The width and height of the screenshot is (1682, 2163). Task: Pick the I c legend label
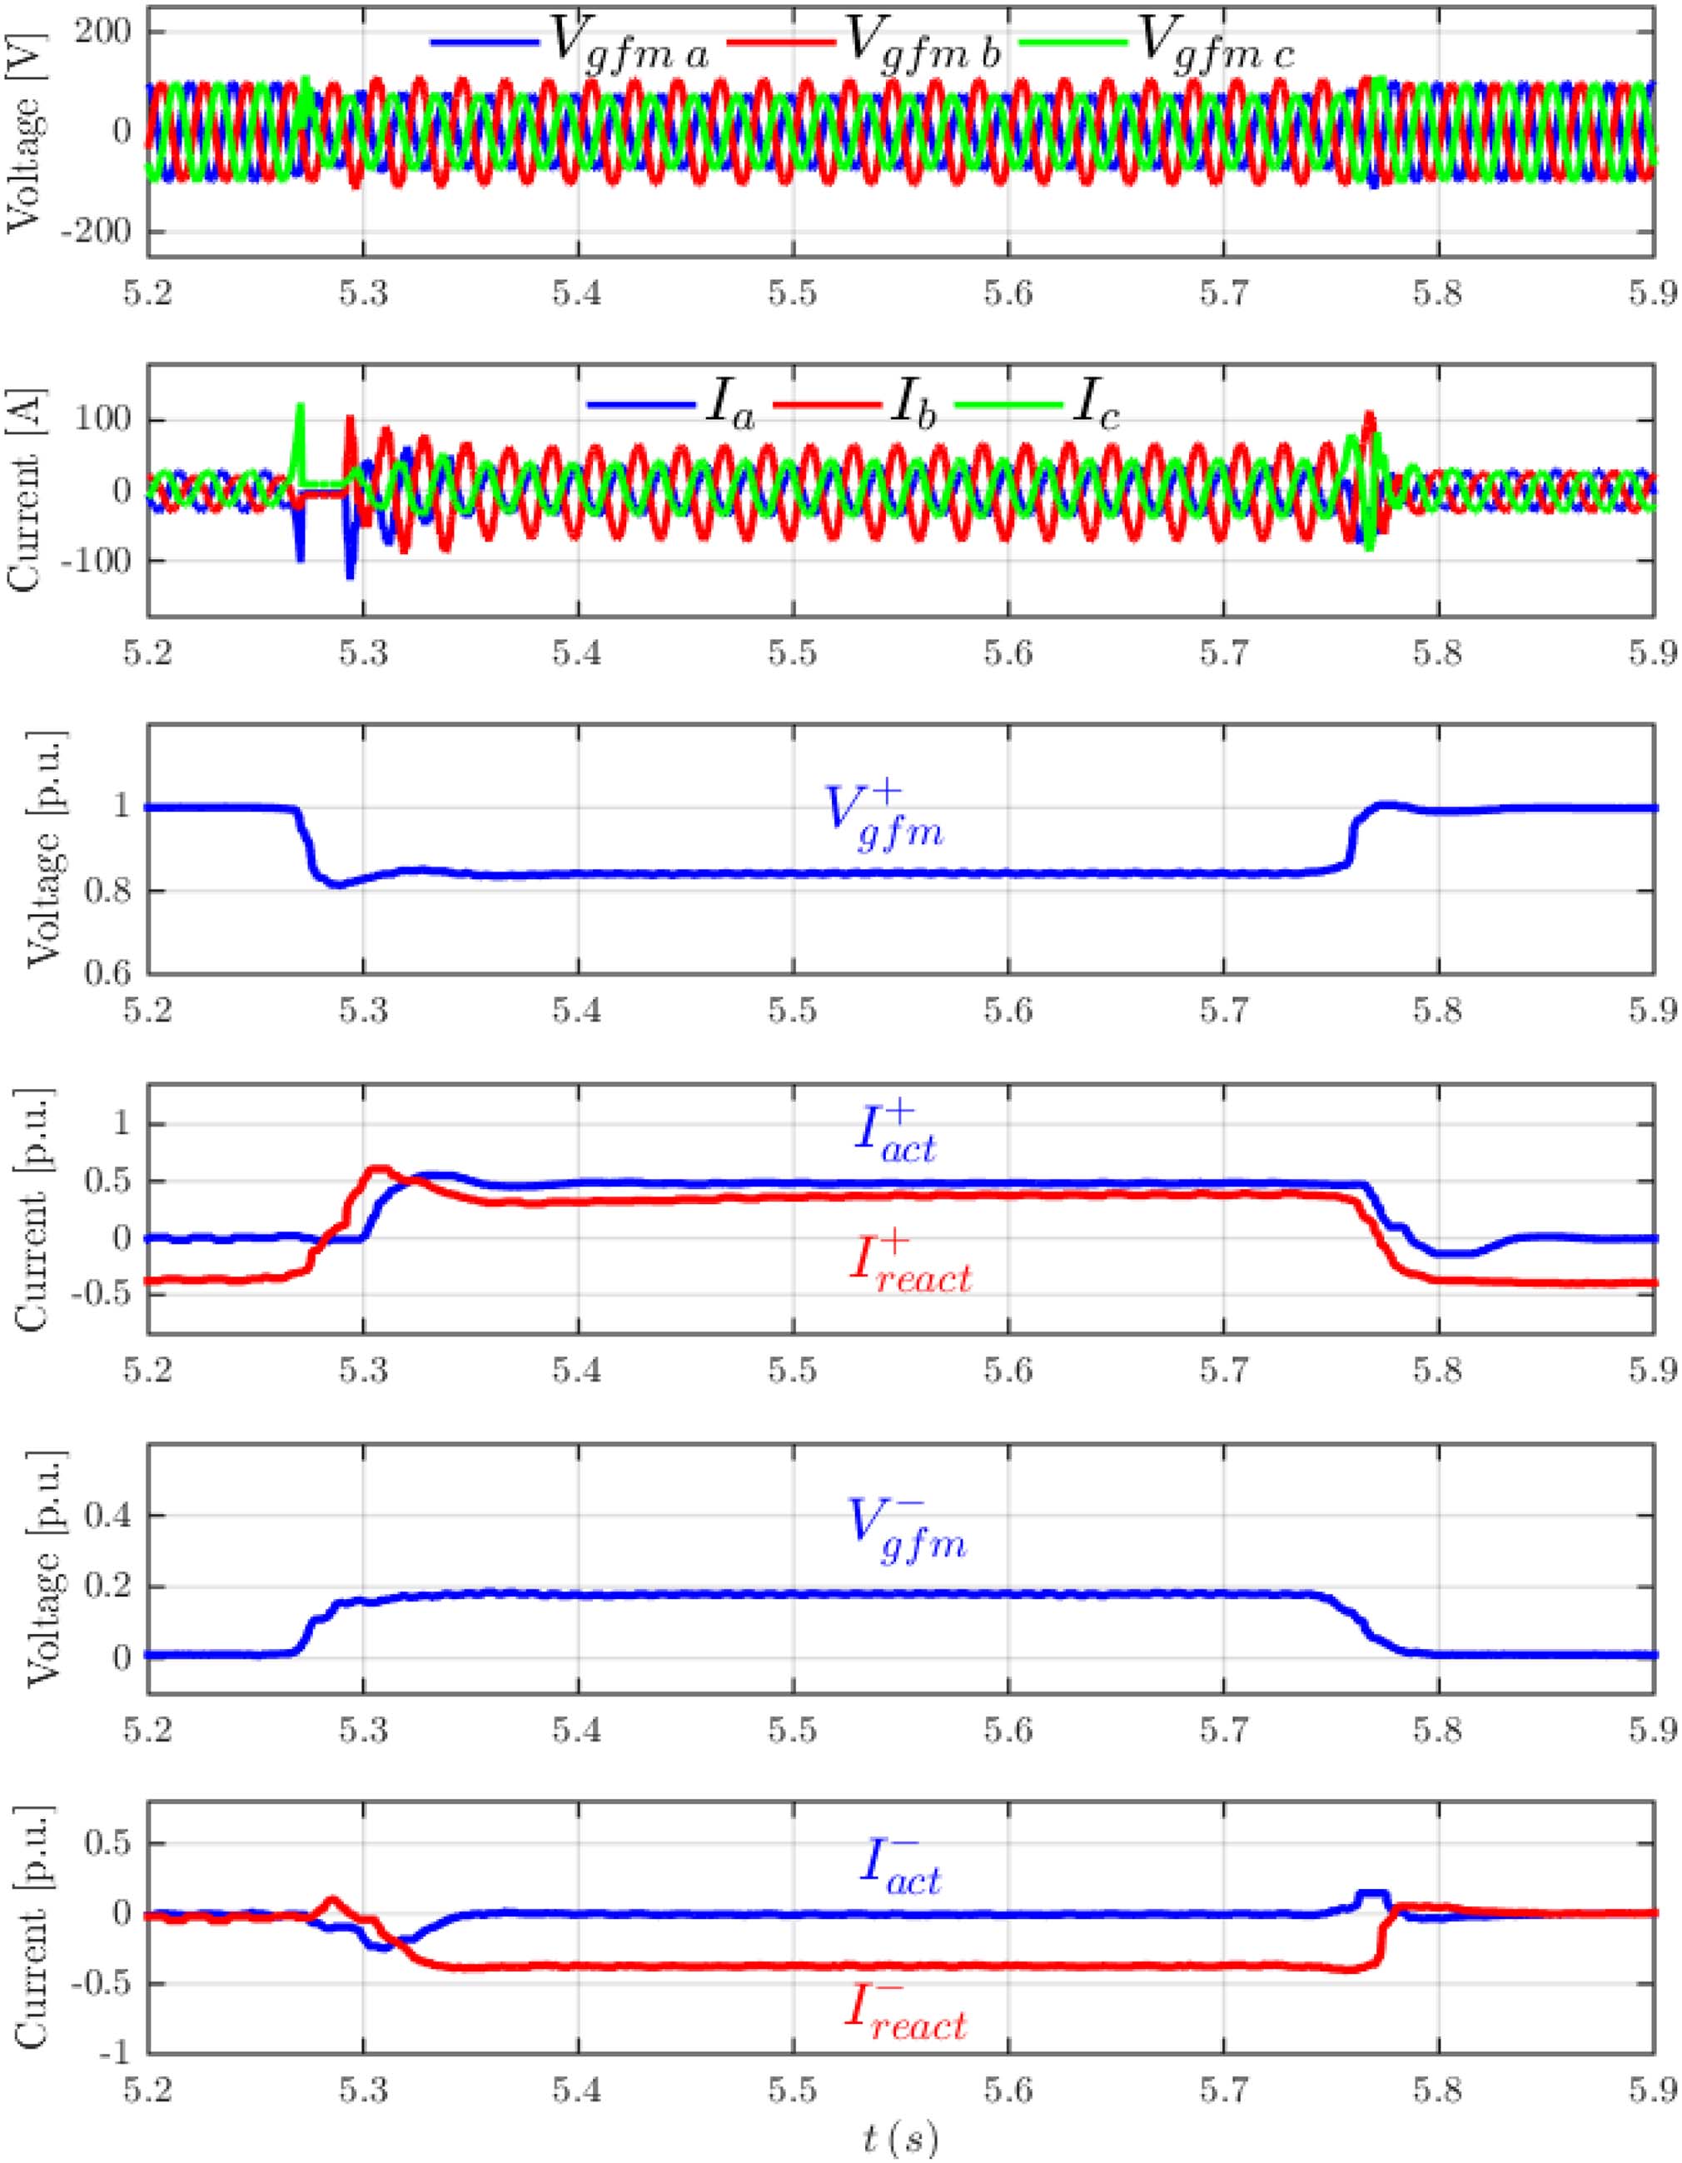[1096, 406]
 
